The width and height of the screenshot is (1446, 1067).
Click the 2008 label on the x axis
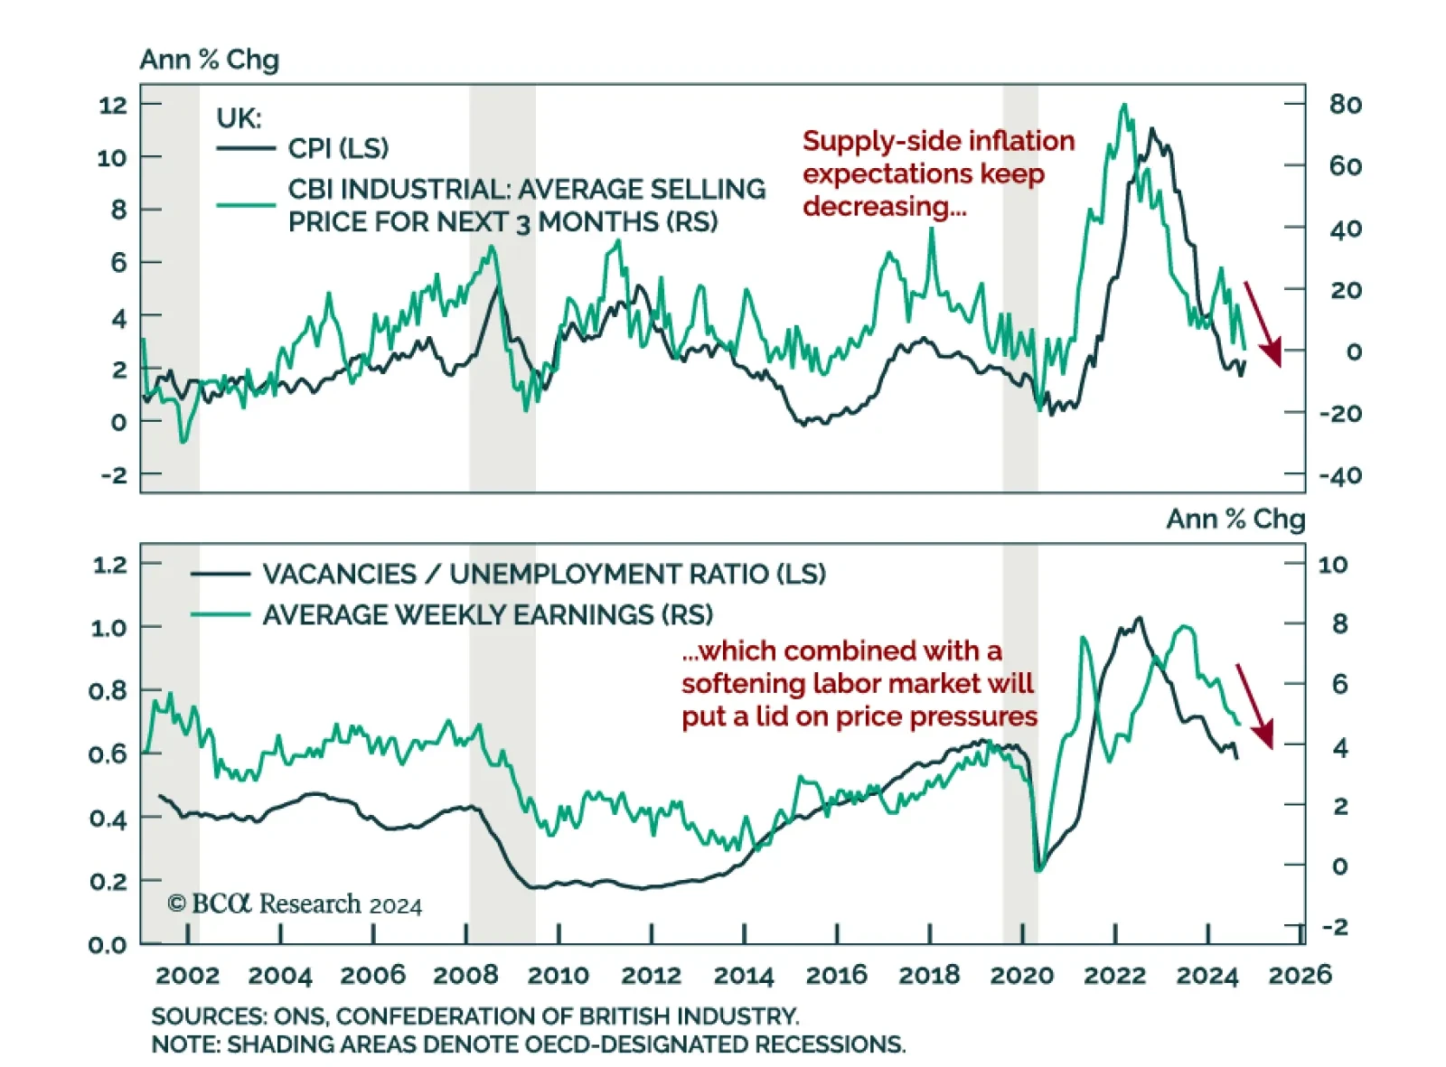pos(465,975)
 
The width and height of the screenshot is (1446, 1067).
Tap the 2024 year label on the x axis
pos(1207,975)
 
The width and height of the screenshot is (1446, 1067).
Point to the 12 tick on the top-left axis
pos(113,105)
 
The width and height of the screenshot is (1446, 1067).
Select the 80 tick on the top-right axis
pos(1345,105)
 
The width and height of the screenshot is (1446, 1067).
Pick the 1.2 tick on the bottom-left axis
pos(109,565)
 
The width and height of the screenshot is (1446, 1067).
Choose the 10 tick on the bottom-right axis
pos(1332,565)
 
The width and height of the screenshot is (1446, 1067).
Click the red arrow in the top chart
pos(1263,323)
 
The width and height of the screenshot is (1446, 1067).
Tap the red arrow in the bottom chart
pos(1254,706)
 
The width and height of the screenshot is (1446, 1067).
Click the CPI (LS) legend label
pos(338,148)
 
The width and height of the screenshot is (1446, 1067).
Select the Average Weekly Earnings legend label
pos(487,615)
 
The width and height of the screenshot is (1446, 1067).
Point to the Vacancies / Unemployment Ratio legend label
pos(544,575)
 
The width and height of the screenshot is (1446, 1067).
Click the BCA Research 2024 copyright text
pos(295,904)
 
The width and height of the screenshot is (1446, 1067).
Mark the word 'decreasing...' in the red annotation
pos(884,207)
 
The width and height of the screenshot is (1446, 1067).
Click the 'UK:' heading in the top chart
pos(239,118)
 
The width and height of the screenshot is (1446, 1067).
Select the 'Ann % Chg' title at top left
pos(209,60)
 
